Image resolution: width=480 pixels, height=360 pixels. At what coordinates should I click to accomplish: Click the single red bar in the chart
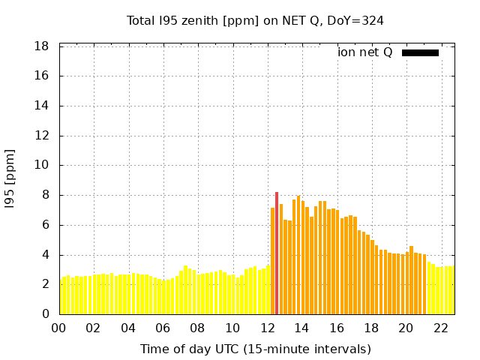click(x=277, y=253)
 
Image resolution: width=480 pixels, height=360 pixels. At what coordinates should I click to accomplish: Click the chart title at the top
click(x=255, y=20)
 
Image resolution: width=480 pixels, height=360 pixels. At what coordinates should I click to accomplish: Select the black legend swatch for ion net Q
click(x=420, y=52)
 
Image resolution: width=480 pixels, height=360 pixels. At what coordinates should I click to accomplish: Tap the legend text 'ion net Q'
click(x=364, y=52)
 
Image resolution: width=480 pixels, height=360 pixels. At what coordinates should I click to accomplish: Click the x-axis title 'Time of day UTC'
click(x=255, y=349)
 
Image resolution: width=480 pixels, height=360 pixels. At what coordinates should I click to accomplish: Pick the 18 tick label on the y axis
click(x=42, y=46)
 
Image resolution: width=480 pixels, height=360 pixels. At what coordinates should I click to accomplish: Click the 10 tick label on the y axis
click(x=42, y=166)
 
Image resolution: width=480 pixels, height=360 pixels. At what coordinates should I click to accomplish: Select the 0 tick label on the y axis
click(x=46, y=314)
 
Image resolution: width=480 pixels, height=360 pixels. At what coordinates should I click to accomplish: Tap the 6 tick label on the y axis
click(x=46, y=225)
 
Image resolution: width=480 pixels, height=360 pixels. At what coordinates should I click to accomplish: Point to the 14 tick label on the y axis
click(x=42, y=106)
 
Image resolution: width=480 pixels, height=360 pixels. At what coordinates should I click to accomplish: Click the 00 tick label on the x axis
click(x=58, y=328)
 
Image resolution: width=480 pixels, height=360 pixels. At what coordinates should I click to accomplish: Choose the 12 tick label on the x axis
click(x=267, y=328)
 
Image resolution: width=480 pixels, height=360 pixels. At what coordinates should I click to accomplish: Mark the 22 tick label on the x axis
click(x=440, y=328)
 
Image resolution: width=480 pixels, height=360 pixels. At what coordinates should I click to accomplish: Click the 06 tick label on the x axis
click(x=163, y=328)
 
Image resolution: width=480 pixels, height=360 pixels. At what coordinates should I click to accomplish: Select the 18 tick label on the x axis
click(x=371, y=328)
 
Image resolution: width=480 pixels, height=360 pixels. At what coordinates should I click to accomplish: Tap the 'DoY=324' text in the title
click(x=356, y=20)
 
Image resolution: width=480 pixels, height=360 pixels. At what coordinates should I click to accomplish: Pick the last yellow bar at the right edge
click(x=451, y=290)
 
